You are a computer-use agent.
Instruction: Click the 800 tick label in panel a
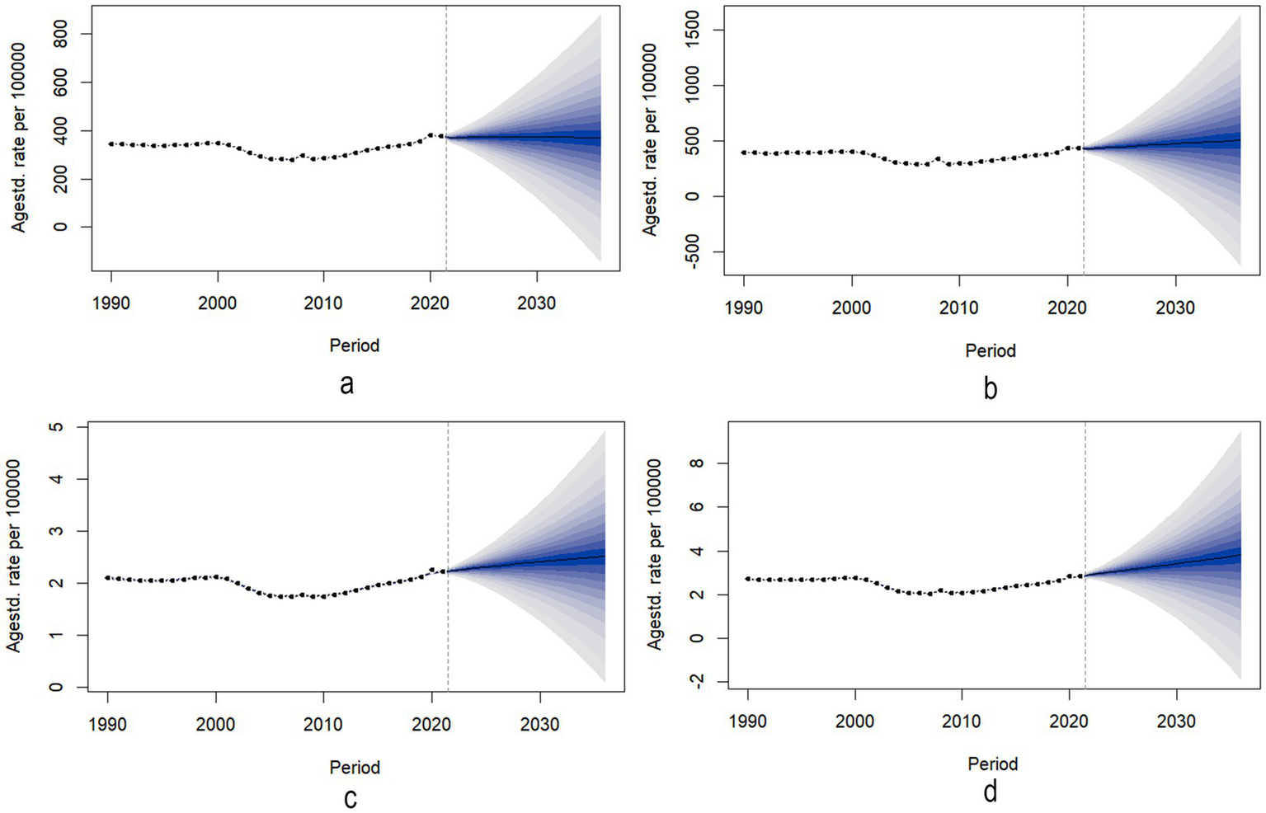tap(60, 35)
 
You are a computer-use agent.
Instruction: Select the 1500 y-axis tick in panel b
tap(693, 31)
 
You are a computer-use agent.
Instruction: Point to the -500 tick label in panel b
tap(693, 251)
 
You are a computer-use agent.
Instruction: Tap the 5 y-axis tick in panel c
tap(56, 427)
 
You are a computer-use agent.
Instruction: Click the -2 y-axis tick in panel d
tap(698, 681)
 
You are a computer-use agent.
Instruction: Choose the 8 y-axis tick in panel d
tap(698, 463)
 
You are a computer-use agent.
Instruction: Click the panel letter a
tap(347, 383)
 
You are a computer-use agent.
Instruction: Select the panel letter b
tap(990, 388)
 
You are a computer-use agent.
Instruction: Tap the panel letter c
tap(351, 798)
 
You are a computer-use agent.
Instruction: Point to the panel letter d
tap(990, 792)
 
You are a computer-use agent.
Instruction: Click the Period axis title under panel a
tap(355, 345)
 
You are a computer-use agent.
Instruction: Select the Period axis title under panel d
tap(993, 764)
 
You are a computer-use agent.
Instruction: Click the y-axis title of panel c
tap(14, 557)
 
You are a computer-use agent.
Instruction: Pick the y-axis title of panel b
tap(651, 140)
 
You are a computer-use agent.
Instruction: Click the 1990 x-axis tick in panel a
tap(111, 303)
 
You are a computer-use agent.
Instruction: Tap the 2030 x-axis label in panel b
tap(1175, 308)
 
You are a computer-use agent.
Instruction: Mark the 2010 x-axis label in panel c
tap(323, 725)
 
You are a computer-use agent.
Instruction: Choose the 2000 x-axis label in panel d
tap(854, 721)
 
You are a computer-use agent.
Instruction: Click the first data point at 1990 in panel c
tap(108, 578)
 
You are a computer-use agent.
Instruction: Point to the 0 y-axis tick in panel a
tap(60, 227)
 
